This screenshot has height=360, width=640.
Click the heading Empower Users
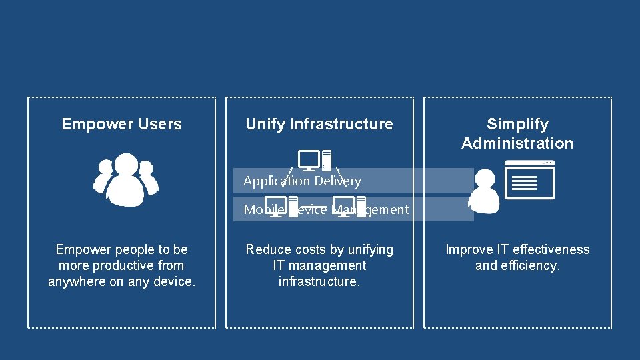tap(121, 124)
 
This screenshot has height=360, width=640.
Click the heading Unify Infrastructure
tap(319, 124)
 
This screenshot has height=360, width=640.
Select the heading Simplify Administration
tap(517, 133)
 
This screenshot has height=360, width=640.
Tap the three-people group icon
tap(125, 179)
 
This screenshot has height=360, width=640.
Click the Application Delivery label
tap(302, 181)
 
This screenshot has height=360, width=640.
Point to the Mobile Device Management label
tap(326, 209)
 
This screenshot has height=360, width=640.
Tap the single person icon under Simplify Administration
tap(484, 190)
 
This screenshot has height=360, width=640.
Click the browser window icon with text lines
tap(530, 179)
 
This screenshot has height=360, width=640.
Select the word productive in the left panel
tap(119, 265)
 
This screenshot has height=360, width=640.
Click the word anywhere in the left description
tap(77, 281)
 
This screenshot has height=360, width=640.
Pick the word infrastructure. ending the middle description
tap(319, 281)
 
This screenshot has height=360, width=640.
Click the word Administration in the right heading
tap(517, 143)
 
